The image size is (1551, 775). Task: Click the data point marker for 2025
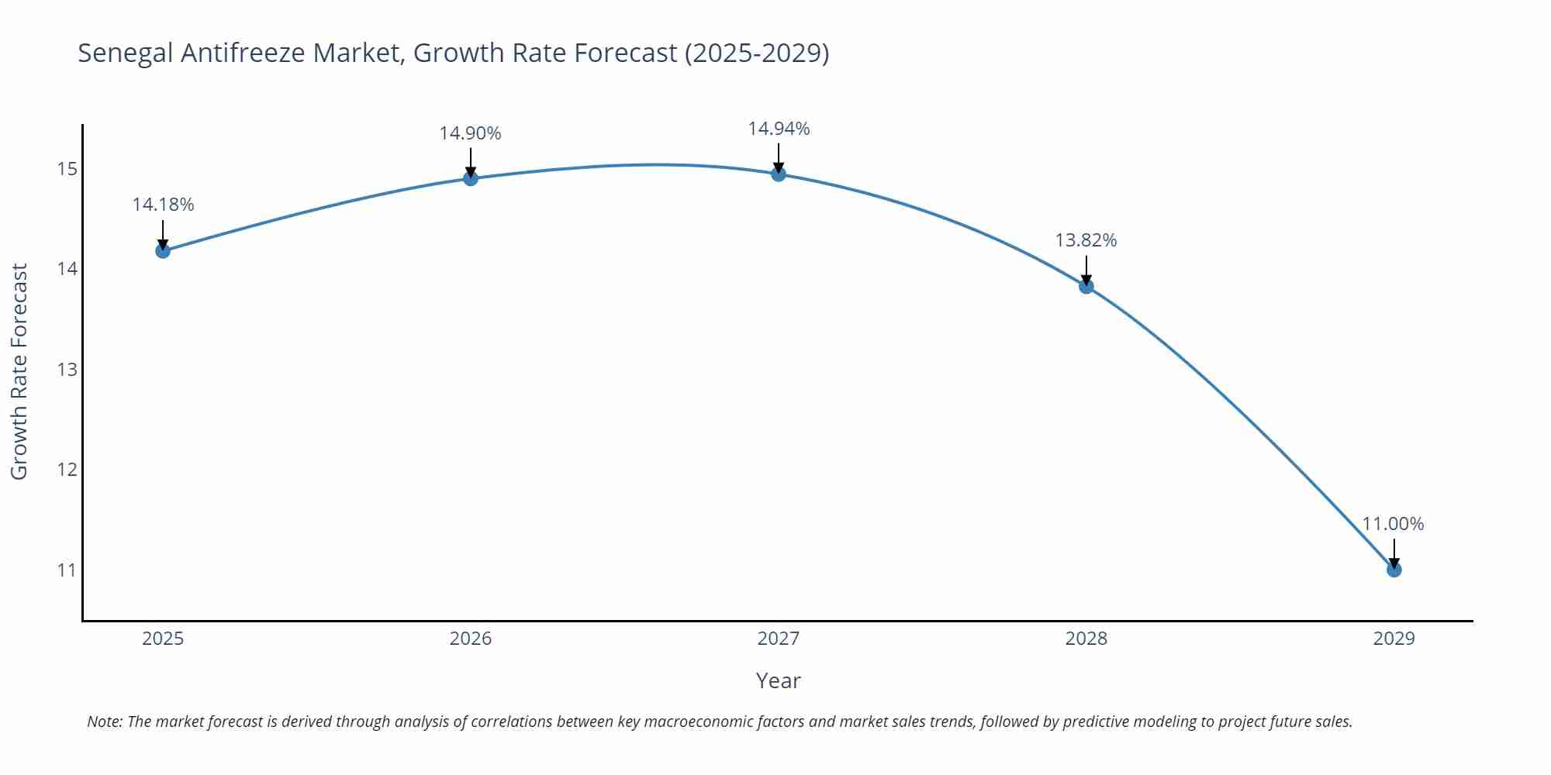tap(163, 250)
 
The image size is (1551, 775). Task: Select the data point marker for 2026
tap(471, 178)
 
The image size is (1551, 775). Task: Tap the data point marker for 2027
tap(779, 174)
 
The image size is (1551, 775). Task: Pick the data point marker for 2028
tap(1086, 286)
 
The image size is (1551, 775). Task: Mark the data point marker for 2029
tap(1394, 570)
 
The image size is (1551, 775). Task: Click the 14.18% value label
tap(163, 205)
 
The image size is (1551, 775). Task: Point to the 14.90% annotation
tap(471, 133)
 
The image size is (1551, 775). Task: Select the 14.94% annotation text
tap(779, 129)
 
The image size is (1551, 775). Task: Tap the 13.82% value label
tap(1086, 240)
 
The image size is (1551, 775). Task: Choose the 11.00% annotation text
tap(1393, 524)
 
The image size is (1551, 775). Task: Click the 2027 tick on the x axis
tap(779, 639)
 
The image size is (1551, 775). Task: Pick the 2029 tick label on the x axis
tap(1394, 639)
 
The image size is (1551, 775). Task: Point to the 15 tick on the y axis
tap(67, 169)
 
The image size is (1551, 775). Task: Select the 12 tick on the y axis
tap(67, 470)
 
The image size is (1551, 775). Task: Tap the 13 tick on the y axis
tap(67, 370)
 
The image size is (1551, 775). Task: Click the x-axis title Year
tap(778, 680)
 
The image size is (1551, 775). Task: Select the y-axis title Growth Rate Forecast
tap(19, 371)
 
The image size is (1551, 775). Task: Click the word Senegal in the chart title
tap(126, 53)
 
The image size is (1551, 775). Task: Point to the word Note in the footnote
tap(104, 722)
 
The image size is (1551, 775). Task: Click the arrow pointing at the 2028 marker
tap(1086, 270)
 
